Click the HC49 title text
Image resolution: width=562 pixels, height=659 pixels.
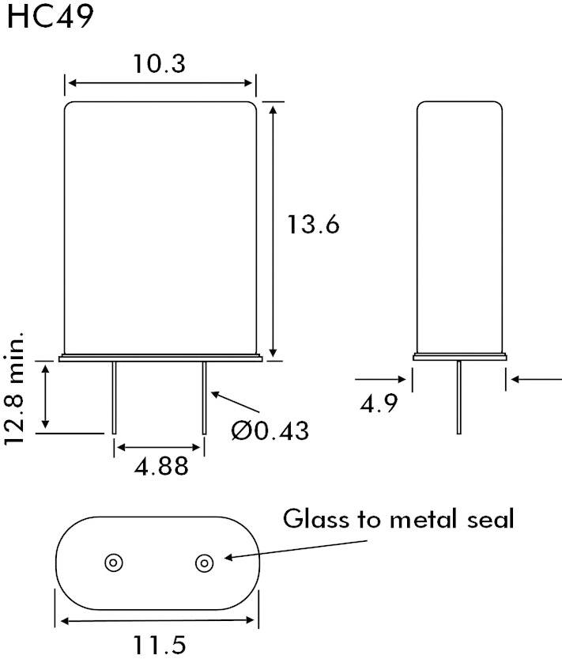pyautogui.click(x=50, y=18)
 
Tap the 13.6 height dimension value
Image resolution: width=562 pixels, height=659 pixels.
pyautogui.click(x=313, y=225)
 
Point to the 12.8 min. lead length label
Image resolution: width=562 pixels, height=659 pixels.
pyautogui.click(x=17, y=388)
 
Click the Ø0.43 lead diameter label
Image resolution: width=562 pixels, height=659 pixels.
pyautogui.click(x=270, y=430)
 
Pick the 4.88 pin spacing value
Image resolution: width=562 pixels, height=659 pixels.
pyautogui.click(x=161, y=467)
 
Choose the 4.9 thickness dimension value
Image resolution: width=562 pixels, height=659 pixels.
pyautogui.click(x=379, y=403)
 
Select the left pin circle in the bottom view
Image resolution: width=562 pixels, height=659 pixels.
pyautogui.click(x=114, y=562)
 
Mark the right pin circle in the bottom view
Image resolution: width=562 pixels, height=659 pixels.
pyautogui.click(x=204, y=562)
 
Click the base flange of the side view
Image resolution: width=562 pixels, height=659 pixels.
pyautogui.click(x=459, y=358)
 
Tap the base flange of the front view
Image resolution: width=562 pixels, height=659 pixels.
pyautogui.click(x=160, y=359)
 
